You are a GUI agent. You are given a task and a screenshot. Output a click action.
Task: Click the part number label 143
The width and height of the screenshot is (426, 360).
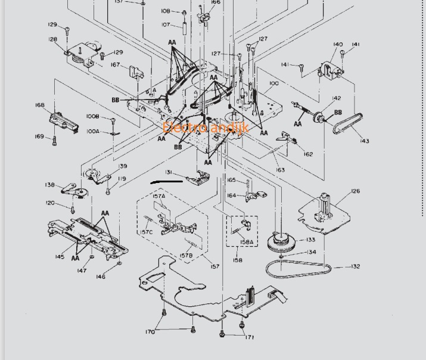click(364, 141)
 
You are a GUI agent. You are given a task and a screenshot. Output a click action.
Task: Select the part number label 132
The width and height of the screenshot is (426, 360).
click(355, 266)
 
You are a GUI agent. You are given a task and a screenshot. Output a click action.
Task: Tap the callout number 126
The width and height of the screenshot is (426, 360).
click(355, 191)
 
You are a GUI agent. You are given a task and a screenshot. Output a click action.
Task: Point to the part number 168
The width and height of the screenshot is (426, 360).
click(40, 105)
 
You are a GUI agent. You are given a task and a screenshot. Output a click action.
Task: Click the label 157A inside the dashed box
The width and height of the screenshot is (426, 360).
click(159, 196)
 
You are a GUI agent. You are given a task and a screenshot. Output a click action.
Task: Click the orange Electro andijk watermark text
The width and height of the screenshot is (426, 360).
click(205, 128)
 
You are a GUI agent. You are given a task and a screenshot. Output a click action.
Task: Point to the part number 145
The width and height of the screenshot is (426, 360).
click(60, 257)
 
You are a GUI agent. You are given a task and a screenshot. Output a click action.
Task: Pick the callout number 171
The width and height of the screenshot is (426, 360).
click(249, 337)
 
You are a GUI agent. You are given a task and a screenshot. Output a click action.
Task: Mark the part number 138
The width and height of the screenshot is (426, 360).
click(49, 185)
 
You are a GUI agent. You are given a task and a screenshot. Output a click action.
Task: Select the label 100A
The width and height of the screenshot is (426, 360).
click(93, 132)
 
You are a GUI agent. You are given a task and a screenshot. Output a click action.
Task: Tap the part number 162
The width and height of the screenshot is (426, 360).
click(308, 154)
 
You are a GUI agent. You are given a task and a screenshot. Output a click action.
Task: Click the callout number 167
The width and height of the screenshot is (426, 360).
click(115, 65)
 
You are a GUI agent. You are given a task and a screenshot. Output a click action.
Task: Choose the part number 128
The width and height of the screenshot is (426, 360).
click(53, 40)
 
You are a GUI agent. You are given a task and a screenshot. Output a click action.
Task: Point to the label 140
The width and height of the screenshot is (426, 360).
click(338, 45)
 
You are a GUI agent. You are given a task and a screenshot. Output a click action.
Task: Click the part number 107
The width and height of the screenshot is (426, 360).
click(166, 25)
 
